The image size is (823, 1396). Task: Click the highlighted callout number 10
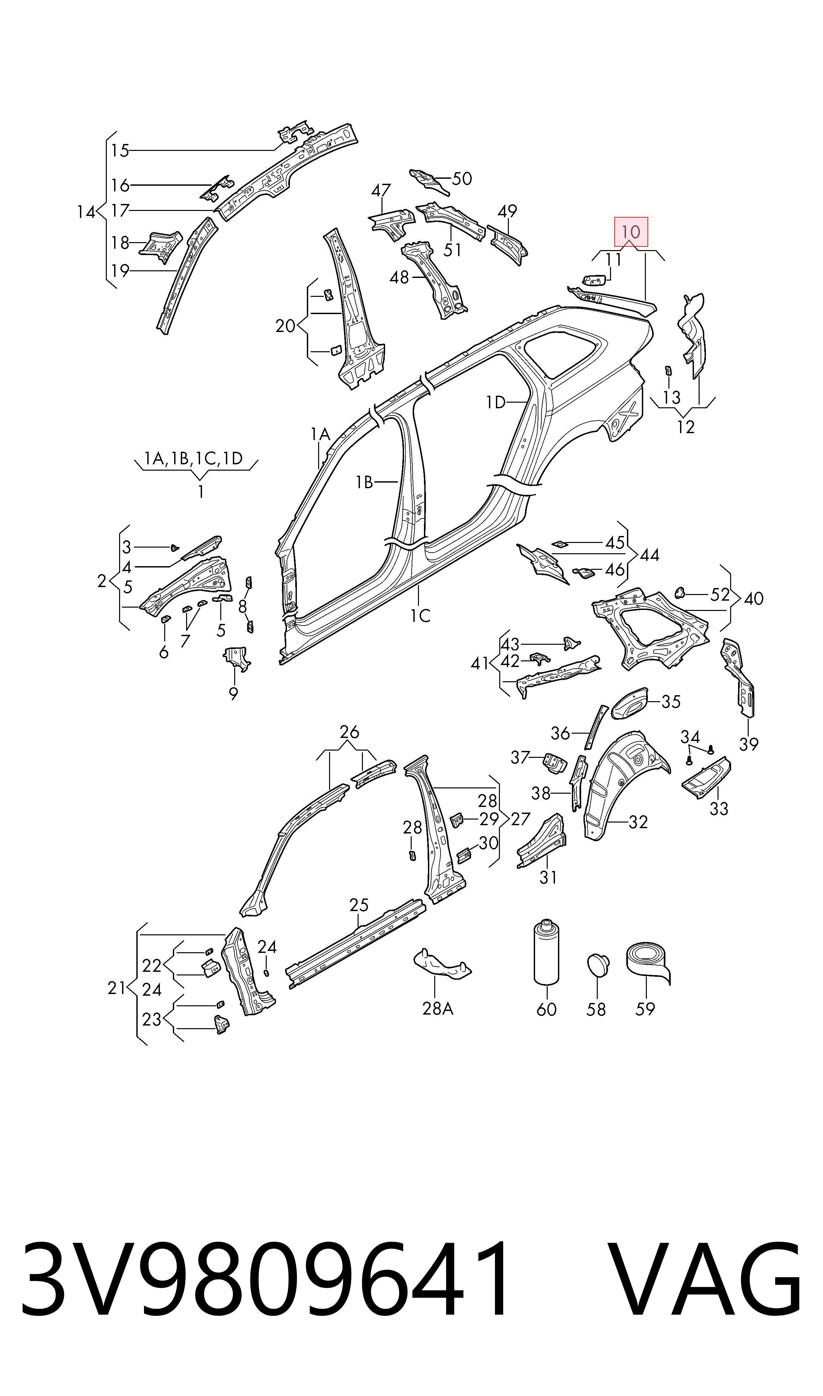[631, 232]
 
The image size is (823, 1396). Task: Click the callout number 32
[638, 822]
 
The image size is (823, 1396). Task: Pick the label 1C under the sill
[420, 615]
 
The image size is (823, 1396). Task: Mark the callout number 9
[234, 693]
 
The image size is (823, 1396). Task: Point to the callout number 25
[359, 905]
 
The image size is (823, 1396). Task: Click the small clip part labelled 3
[173, 548]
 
